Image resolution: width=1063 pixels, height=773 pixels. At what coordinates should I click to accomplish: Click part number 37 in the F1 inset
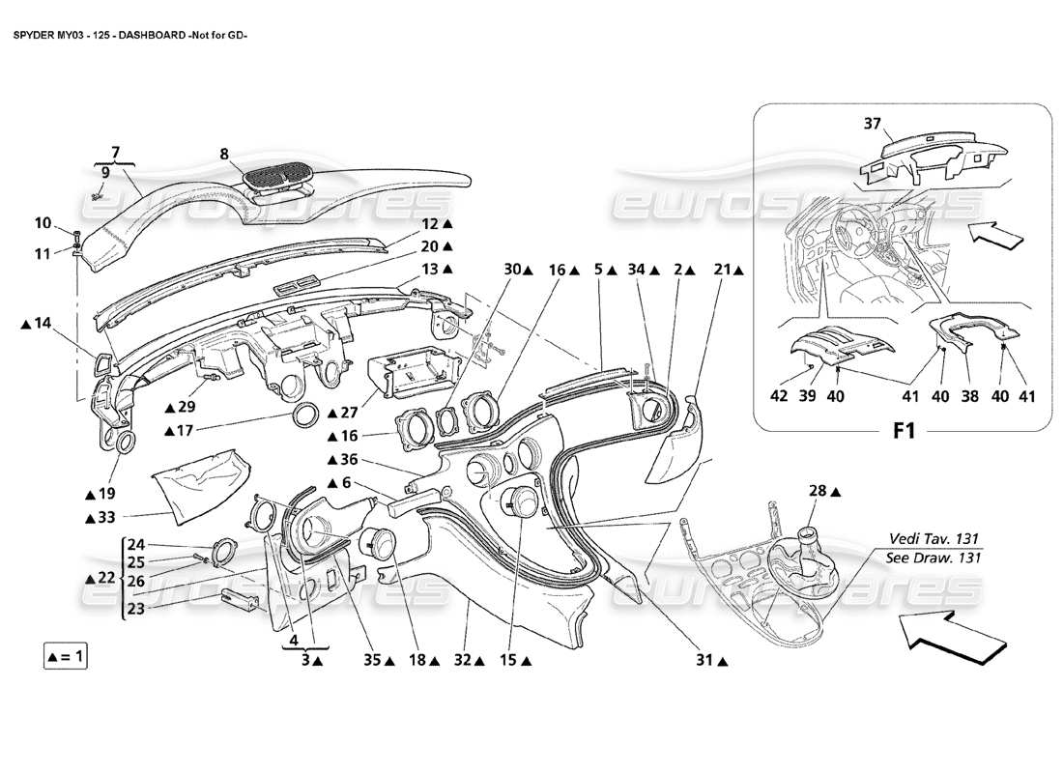pos(873,123)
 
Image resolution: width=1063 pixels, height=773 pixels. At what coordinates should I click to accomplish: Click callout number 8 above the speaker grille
pos(224,153)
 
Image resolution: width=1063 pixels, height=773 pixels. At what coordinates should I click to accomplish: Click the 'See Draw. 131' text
pos(934,558)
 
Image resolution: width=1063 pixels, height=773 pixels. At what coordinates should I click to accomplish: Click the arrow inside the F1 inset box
pos(992,232)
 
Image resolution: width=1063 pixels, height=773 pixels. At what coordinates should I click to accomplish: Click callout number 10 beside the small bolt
pos(43,223)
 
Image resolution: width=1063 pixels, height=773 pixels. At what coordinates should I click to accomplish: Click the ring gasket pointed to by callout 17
pos(307,416)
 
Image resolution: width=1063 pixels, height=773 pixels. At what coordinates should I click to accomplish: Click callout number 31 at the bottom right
pos(704,660)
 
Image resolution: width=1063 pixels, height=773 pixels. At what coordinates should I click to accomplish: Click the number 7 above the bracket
pos(115,152)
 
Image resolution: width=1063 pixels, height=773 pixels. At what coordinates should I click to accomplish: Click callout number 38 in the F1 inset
pos(969,395)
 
